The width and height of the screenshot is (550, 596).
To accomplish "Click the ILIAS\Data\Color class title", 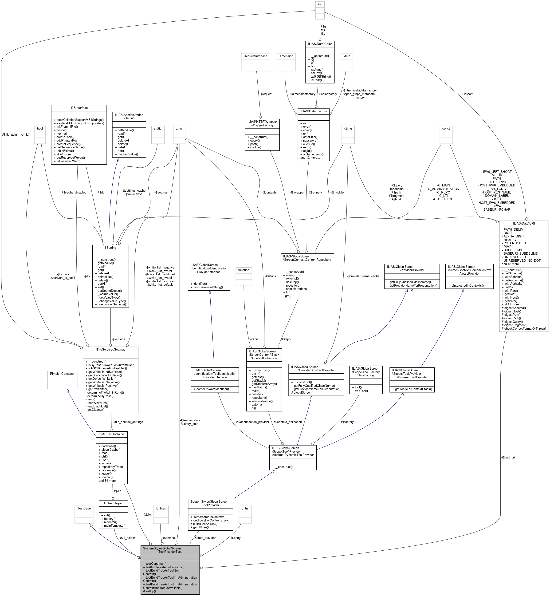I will point(320,44).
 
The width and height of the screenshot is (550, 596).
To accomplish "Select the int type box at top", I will point(320,4).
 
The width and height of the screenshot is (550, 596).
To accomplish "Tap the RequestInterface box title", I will point(255,56).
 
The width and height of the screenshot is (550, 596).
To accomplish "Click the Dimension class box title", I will point(286,56).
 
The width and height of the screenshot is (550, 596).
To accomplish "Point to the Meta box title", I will point(347,56).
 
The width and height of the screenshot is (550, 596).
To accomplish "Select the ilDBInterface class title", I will point(79,108).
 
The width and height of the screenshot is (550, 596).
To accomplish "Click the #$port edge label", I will point(468,94).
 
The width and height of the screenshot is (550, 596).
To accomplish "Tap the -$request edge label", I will point(266,94).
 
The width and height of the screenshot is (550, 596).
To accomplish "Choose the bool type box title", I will point(40,129).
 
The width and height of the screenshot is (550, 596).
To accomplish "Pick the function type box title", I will point(244,270).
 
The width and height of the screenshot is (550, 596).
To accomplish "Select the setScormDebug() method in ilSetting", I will point(110,291).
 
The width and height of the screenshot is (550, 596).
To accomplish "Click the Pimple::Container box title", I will point(62,374).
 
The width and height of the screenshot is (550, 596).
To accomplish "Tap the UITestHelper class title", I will point(113,503).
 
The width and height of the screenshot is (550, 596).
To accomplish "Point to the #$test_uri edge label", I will point(508,457).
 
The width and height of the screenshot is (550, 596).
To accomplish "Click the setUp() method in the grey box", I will point(150,591).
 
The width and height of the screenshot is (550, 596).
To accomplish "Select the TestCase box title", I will point(84,508).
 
